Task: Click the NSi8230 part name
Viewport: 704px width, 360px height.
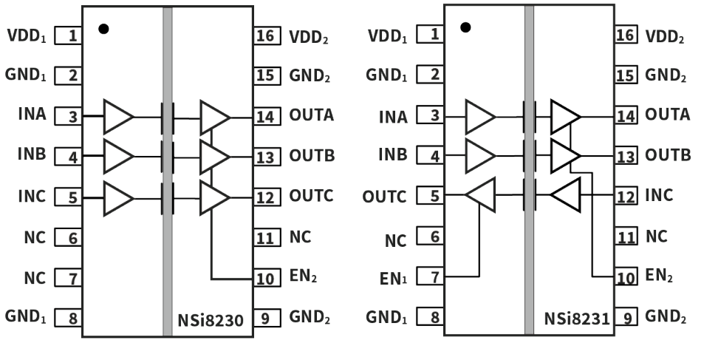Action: pos(210,320)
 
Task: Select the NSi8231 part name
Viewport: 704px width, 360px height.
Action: pos(577,320)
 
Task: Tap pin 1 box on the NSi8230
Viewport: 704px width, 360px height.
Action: pos(68,35)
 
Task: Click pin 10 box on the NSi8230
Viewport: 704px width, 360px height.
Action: pos(266,279)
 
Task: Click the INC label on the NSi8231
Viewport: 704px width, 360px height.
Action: pos(659,196)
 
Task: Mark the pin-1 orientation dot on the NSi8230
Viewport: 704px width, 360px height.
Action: pos(103,29)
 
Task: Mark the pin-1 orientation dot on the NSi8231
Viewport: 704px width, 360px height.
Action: pos(465,28)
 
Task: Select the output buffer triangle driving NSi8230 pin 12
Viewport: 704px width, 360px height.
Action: pos(214,197)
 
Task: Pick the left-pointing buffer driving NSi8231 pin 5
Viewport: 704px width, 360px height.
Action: pos(479,195)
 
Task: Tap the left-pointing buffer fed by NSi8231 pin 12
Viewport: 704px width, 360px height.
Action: pos(566,196)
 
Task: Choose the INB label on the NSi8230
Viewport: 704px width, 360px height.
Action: pos(32,156)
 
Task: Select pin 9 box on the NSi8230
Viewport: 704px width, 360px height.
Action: pos(266,318)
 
